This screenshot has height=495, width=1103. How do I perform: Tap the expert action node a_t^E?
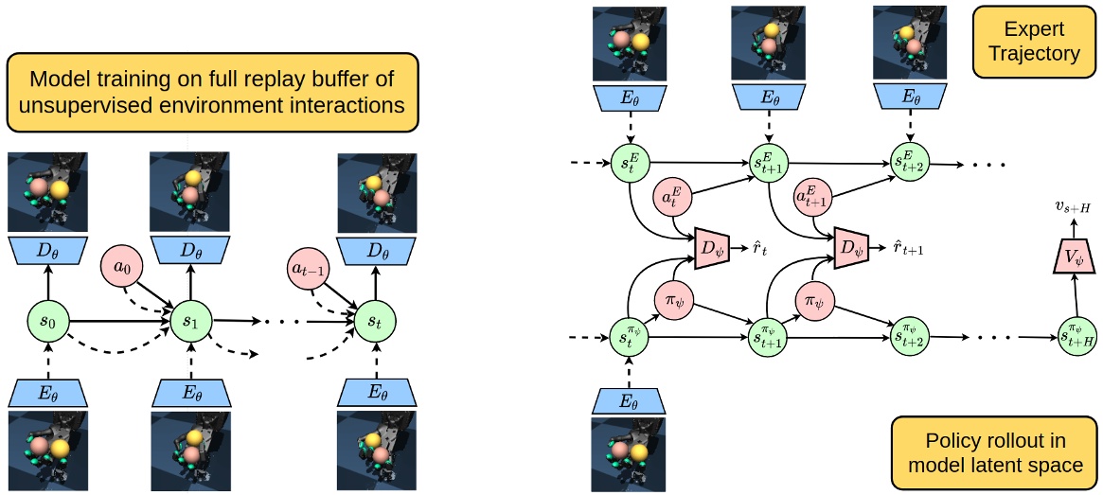tap(673, 199)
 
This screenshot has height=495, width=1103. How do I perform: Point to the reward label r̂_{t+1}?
tap(906, 247)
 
